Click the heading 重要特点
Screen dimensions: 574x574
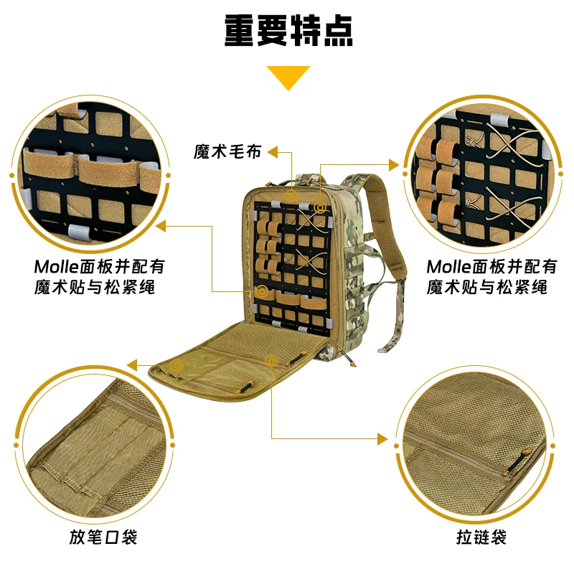[288, 31]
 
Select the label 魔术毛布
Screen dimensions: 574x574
[227, 151]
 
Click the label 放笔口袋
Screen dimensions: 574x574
[103, 537]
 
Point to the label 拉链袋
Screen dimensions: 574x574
[481, 537]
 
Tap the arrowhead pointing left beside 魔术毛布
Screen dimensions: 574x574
[273, 152]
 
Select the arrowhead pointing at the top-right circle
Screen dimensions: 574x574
[394, 165]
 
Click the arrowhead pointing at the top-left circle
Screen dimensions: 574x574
[161, 226]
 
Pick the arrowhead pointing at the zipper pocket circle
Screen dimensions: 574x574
[382, 438]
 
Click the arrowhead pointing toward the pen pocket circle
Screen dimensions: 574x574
[132, 365]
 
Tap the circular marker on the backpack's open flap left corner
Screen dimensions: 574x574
[177, 365]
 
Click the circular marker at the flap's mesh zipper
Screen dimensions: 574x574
[271, 361]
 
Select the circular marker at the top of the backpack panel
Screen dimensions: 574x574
[291, 197]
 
